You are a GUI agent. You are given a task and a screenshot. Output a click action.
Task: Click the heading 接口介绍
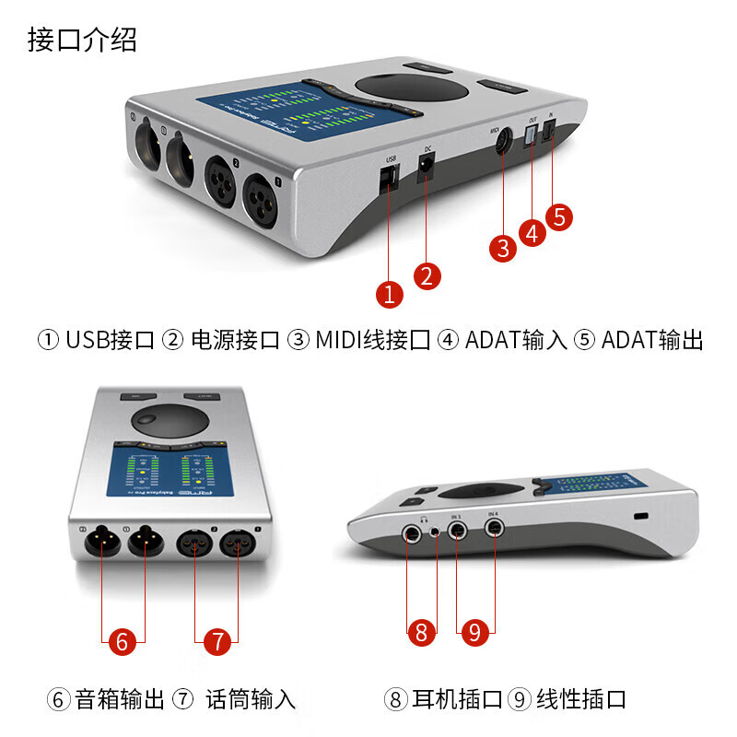pyautogui.click(x=83, y=41)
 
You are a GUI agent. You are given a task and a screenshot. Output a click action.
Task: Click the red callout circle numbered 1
pyautogui.click(x=390, y=294)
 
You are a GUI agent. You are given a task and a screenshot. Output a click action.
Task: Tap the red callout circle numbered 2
pyautogui.click(x=427, y=275)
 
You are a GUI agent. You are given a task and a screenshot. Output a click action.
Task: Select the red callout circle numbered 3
pyautogui.click(x=502, y=247)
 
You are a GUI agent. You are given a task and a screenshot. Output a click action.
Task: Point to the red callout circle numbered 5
pyautogui.click(x=559, y=216)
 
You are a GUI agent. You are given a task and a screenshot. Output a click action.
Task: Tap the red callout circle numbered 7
pyautogui.click(x=216, y=641)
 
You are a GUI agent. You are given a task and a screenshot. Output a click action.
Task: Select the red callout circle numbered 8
pyautogui.click(x=421, y=632)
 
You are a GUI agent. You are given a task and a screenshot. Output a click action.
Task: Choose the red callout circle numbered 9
pyautogui.click(x=475, y=632)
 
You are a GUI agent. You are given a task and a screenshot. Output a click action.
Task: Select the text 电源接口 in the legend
pyautogui.click(x=234, y=340)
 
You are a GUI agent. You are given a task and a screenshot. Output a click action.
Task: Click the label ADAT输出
pyautogui.click(x=652, y=340)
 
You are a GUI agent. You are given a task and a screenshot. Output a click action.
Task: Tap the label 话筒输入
pyautogui.click(x=251, y=699)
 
